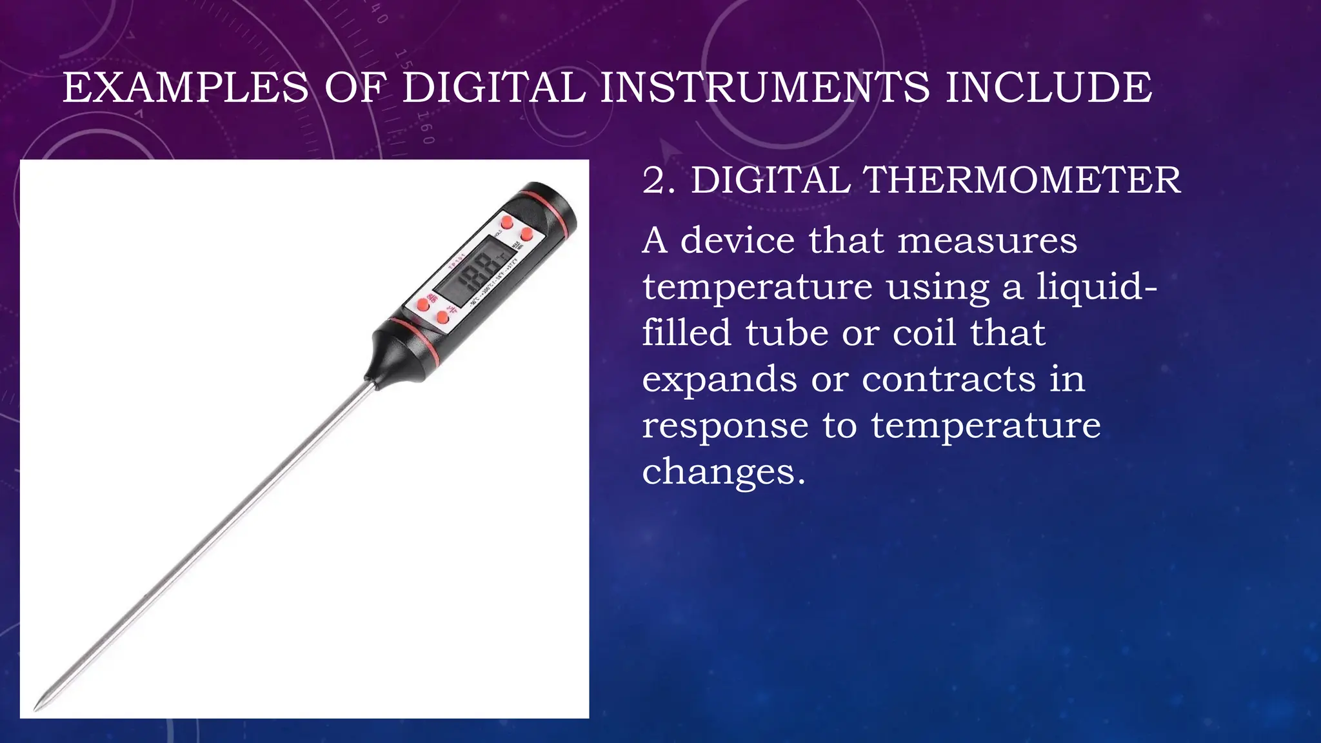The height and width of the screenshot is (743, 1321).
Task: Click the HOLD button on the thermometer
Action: click(507, 223)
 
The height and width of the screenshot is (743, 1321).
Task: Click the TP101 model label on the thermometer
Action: click(457, 263)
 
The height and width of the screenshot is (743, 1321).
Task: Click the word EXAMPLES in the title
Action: click(186, 88)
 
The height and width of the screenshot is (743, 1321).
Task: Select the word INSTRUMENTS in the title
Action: click(765, 88)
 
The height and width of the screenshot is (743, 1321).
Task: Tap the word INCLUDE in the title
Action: click(1048, 88)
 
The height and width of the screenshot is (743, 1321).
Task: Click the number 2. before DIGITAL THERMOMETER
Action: click(659, 180)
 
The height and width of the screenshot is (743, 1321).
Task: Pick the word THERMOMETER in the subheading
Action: click(1022, 180)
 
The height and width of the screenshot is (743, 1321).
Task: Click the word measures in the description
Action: click(987, 241)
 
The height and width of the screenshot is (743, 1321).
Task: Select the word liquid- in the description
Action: click(1097, 287)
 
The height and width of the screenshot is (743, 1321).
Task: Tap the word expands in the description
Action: click(719, 380)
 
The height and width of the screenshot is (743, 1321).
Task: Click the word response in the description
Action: click(725, 426)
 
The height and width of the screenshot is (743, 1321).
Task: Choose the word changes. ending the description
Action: click(724, 472)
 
